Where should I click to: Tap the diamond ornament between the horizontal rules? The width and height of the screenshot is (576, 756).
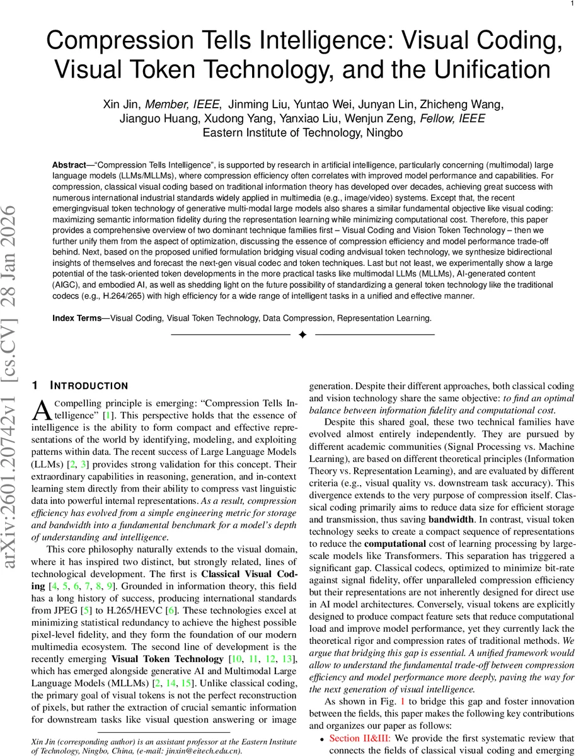click(x=302, y=335)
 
